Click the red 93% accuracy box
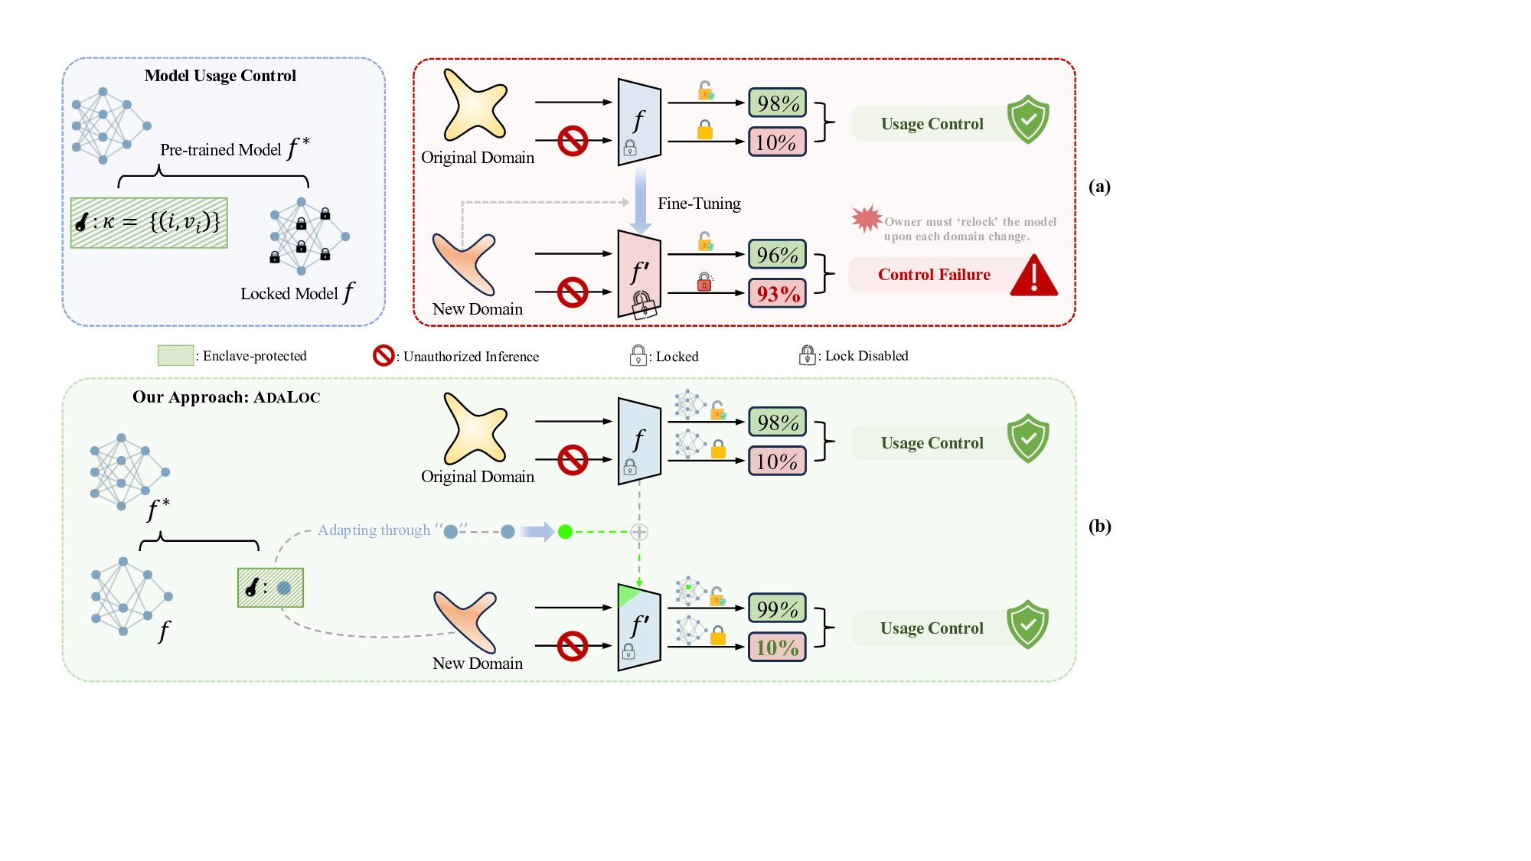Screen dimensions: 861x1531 (777, 294)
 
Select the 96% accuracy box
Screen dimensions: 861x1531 (777, 255)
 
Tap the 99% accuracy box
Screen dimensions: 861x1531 (777, 609)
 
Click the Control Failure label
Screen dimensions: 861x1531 (934, 275)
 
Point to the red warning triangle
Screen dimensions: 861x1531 (1033, 277)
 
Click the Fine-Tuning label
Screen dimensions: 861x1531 (699, 204)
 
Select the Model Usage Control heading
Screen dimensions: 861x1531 (220, 76)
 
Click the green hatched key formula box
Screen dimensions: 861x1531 (149, 223)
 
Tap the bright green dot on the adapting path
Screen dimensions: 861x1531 (565, 532)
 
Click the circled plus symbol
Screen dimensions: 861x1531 (639, 532)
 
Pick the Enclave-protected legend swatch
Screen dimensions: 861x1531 (175, 355)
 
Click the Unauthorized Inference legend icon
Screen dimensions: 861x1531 (383, 356)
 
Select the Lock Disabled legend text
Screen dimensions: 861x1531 (867, 356)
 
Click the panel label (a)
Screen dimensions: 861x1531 (1099, 186)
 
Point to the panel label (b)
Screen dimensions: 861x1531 (1099, 526)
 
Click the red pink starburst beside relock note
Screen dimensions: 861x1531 (867, 219)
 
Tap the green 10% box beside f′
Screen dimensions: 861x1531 (777, 647)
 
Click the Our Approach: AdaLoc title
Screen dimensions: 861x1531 (226, 397)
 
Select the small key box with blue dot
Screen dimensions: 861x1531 (270, 588)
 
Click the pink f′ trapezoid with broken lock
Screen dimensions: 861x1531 (639, 274)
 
